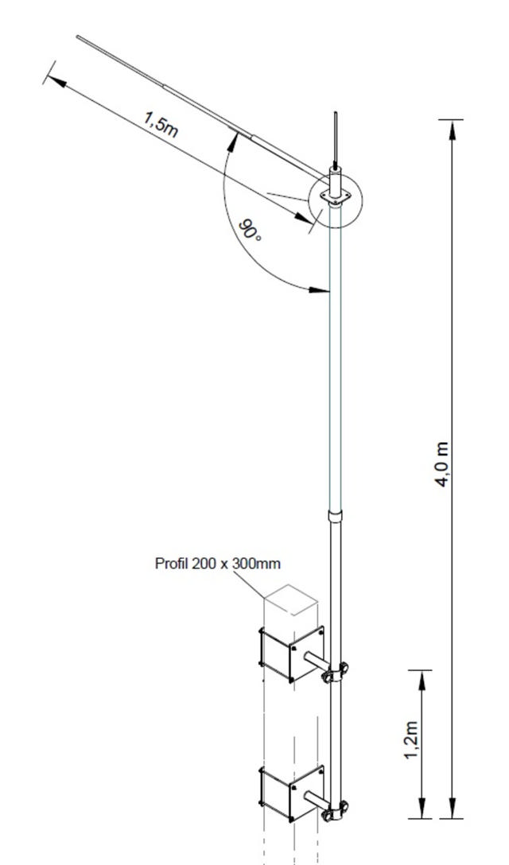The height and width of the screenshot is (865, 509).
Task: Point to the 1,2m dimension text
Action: point(410,740)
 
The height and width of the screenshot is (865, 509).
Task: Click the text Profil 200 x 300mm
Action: point(217,564)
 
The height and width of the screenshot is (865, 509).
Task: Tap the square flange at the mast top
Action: point(334,196)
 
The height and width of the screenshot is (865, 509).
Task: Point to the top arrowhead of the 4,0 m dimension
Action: point(452,127)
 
